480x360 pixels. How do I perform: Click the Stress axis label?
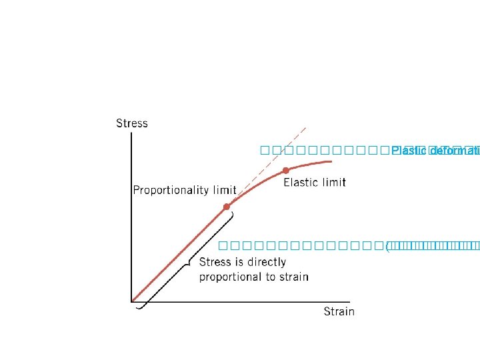tap(131, 123)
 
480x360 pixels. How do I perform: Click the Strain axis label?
tap(339, 311)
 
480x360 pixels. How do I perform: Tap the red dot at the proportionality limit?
tap(227, 207)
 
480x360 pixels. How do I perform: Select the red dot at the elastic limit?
tap(285, 170)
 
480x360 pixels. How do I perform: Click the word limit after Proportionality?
tap(225, 190)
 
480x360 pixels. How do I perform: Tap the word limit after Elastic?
tap(333, 182)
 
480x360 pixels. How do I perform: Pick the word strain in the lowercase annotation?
tap(293, 277)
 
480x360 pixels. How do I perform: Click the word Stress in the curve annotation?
tap(215, 262)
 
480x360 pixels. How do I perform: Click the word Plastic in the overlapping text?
tap(403, 151)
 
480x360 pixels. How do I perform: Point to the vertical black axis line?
tap(131, 220)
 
